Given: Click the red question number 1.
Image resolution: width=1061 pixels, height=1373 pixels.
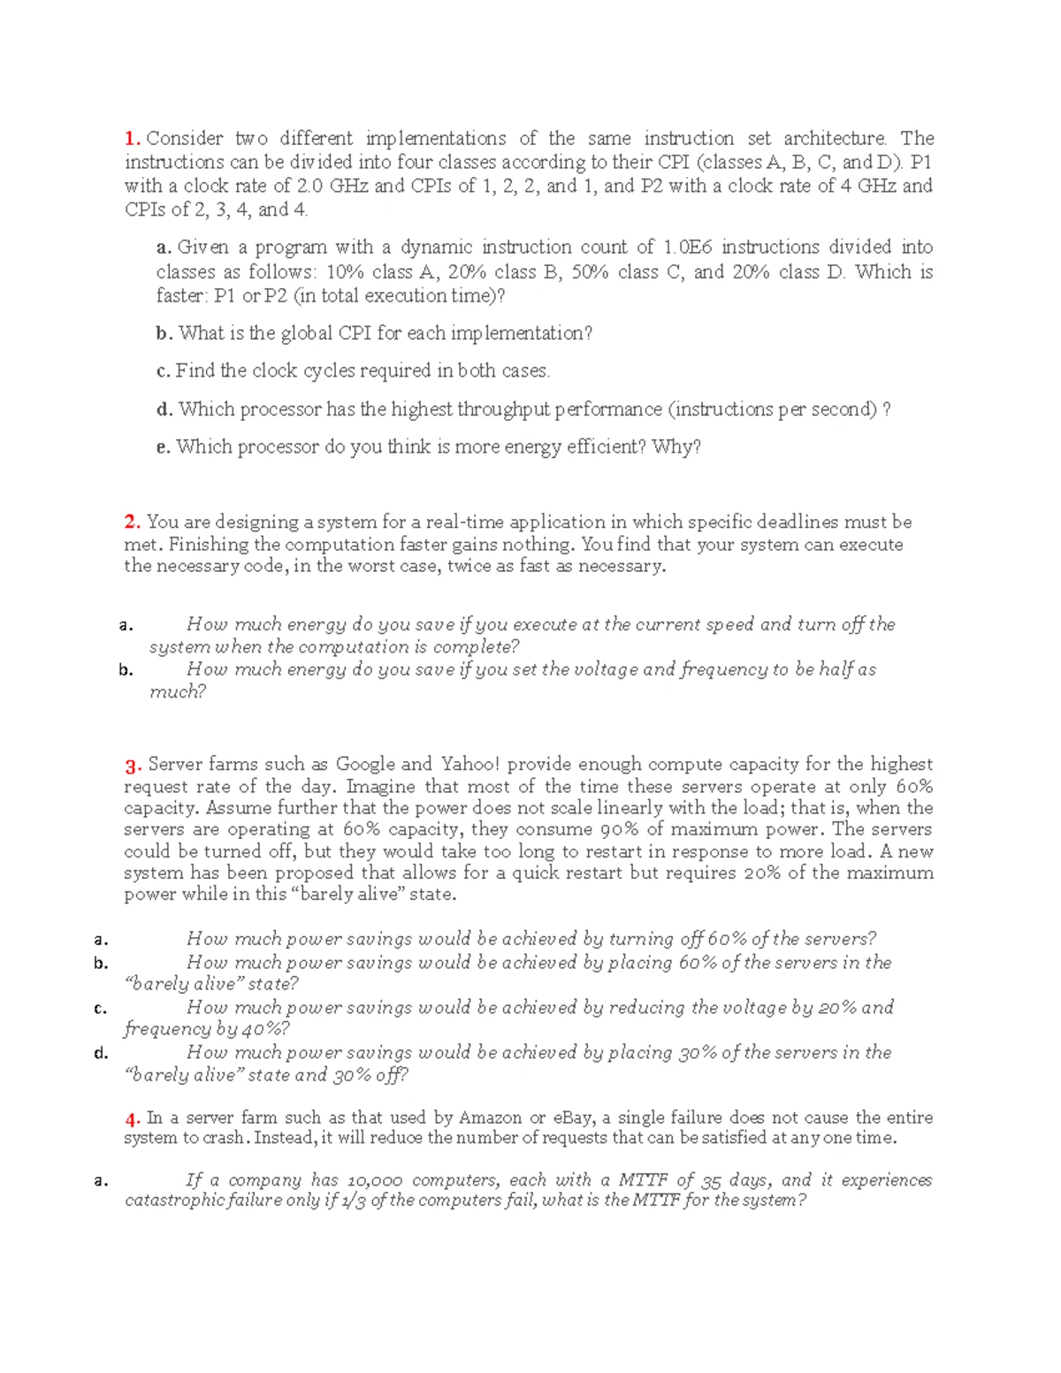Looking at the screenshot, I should pos(132,139).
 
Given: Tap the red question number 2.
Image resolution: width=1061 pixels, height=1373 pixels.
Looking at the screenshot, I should pos(132,523).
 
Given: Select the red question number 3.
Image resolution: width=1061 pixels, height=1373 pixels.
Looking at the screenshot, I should pos(133,766).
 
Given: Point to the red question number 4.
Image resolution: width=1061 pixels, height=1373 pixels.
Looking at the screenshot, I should pos(133,1119).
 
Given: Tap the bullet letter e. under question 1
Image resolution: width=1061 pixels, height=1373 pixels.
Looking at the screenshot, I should pos(163,447).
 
